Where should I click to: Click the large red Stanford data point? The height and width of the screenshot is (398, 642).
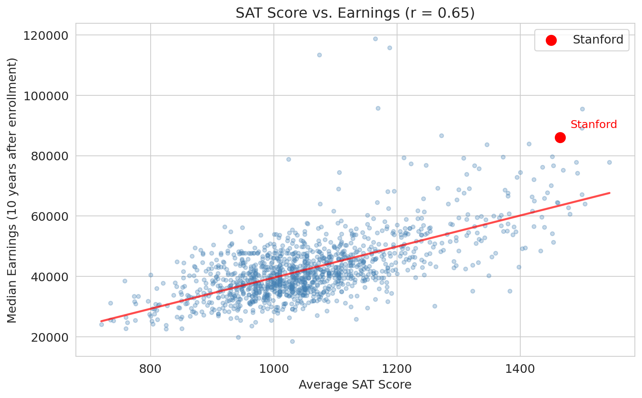tap(560, 138)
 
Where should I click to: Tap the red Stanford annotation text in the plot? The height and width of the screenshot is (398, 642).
tap(594, 124)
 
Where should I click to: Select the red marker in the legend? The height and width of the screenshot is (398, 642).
tap(551, 40)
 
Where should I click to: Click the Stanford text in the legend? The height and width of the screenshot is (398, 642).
tap(598, 39)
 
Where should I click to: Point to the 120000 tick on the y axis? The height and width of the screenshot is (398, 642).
tap(46, 36)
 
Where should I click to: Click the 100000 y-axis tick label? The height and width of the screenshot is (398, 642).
tap(46, 96)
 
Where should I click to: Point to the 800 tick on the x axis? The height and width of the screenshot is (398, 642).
tap(150, 369)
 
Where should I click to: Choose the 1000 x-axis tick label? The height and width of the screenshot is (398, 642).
tap(273, 369)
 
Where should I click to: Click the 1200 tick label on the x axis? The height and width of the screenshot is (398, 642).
tap(397, 369)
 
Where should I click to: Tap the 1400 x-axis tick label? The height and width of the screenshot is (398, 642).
tap(520, 369)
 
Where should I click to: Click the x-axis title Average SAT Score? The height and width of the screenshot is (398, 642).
tap(355, 385)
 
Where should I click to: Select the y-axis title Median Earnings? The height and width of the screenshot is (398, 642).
tap(12, 190)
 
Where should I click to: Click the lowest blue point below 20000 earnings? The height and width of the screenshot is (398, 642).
tap(292, 341)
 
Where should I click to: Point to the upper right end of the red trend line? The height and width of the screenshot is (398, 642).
tap(609, 193)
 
